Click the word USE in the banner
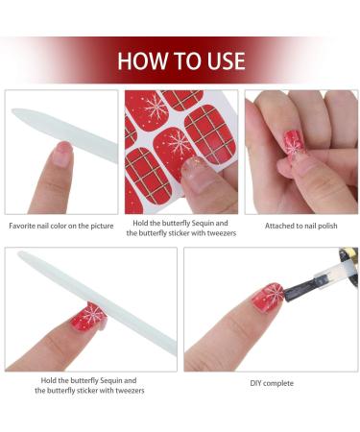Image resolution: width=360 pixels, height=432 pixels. pyautogui.click(x=227, y=60)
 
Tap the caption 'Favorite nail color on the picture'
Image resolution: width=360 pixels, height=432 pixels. pyautogui.click(x=61, y=226)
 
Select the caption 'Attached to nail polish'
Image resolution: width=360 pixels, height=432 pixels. pyautogui.click(x=300, y=226)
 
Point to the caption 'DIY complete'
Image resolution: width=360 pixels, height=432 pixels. pyautogui.click(x=272, y=383)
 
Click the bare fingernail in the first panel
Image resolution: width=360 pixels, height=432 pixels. pyautogui.click(x=63, y=154)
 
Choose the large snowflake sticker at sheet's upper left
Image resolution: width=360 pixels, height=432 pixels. pyautogui.click(x=146, y=110)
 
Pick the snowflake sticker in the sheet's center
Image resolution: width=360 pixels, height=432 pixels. pyautogui.click(x=175, y=145)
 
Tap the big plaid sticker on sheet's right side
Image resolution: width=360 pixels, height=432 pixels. pyautogui.click(x=210, y=134)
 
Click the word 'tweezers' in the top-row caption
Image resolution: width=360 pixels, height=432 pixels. pyautogui.click(x=222, y=233)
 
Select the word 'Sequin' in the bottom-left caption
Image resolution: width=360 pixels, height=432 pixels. pyautogui.click(x=110, y=380)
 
